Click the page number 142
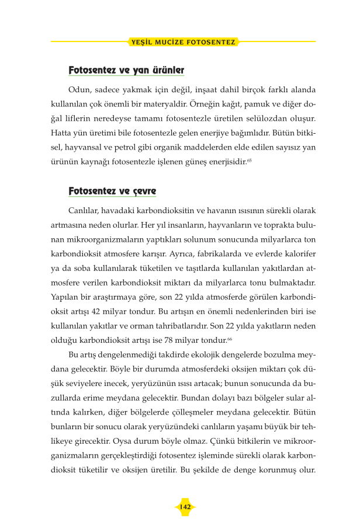click(185, 507)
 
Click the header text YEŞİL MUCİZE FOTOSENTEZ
click(184, 42)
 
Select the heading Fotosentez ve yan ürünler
click(126, 70)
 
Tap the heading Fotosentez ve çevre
click(112, 191)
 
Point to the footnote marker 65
click(250, 159)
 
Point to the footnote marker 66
click(230, 338)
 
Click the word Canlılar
click(84, 210)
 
